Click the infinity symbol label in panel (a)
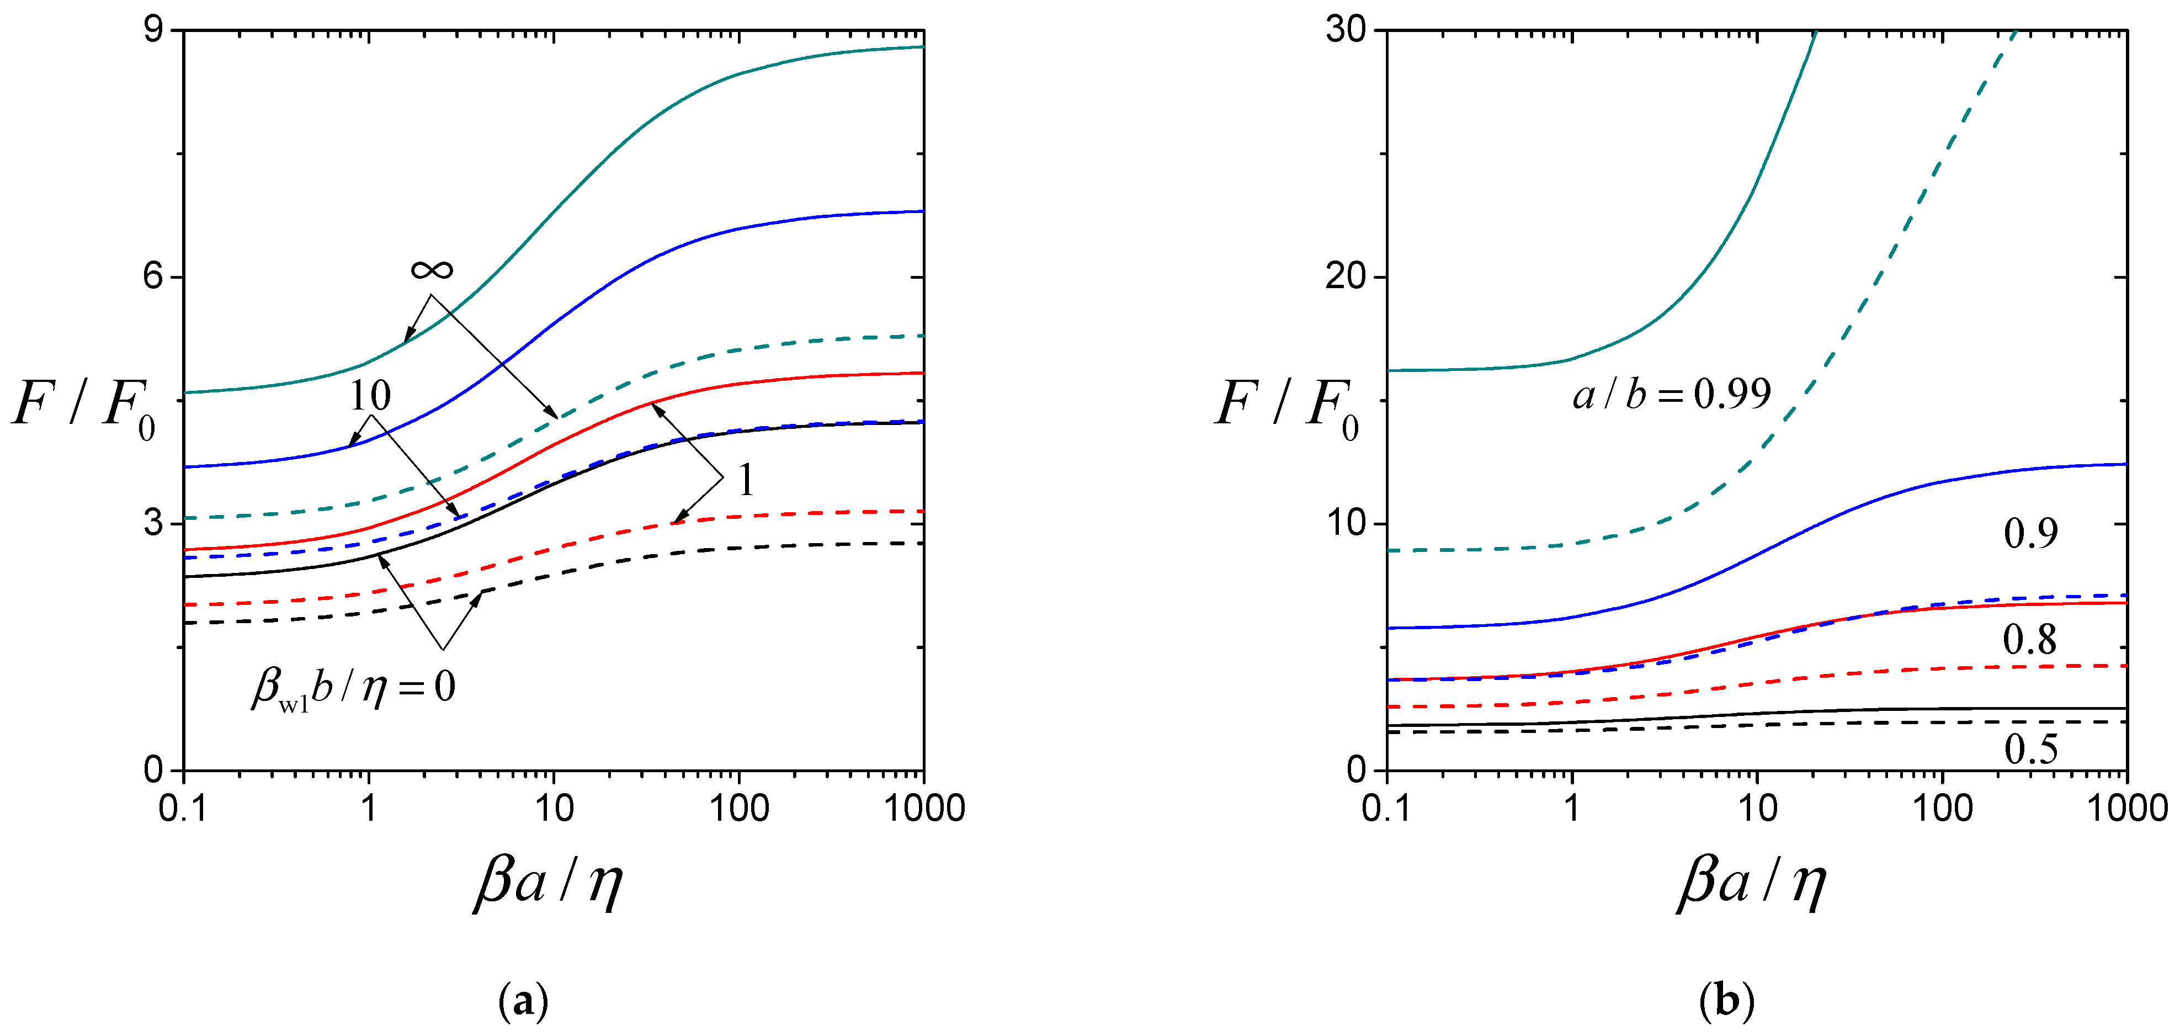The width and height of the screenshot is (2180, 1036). pyautogui.click(x=432, y=270)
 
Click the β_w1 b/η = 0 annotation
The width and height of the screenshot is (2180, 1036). pyautogui.click(x=354, y=687)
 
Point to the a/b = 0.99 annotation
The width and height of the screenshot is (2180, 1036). pyautogui.click(x=1671, y=394)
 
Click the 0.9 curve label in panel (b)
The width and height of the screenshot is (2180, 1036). pyautogui.click(x=2030, y=533)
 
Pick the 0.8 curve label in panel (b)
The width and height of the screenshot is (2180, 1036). pyautogui.click(x=2029, y=639)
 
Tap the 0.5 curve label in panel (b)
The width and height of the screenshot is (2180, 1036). pyautogui.click(x=2030, y=748)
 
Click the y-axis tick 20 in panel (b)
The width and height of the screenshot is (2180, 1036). pyautogui.click(x=1346, y=277)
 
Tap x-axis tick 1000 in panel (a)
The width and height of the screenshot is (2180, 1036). pyautogui.click(x=924, y=808)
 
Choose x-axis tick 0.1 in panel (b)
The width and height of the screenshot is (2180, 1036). pyautogui.click(x=1386, y=808)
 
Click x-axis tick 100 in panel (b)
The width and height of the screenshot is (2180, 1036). pyautogui.click(x=1942, y=808)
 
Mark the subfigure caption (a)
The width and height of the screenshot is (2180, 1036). pyautogui.click(x=524, y=1001)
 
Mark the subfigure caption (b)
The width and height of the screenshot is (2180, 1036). pyautogui.click(x=1726, y=1001)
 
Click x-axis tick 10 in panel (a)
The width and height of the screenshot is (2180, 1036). pyautogui.click(x=554, y=808)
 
